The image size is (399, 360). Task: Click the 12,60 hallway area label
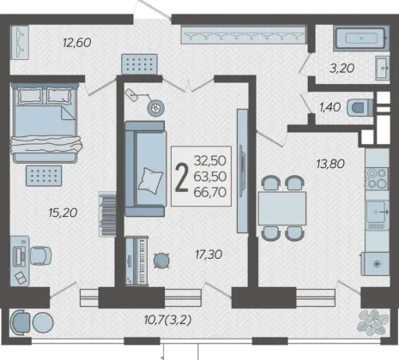tap(77, 43)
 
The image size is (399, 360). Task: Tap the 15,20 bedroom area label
tap(63, 213)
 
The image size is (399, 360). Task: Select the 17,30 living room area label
tap(209, 255)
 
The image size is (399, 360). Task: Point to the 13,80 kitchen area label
tap(330, 164)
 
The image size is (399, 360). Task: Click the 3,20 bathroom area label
tap(342, 69)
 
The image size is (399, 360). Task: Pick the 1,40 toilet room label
tap(329, 107)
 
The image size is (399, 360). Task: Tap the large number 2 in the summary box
tap(182, 177)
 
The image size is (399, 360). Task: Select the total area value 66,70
tap(210, 192)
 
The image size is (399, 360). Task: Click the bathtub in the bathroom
tap(361, 38)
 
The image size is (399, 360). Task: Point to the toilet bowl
tap(360, 108)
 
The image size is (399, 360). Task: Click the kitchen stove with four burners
tap(377, 178)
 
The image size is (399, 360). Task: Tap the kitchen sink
tap(378, 212)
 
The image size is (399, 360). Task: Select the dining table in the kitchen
tap(282, 208)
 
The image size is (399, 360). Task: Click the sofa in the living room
tap(146, 169)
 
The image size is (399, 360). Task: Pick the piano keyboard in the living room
tap(136, 261)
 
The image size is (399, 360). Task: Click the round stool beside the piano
tap(161, 260)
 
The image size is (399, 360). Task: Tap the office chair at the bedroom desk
tap(41, 255)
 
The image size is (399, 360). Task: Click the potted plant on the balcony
tap(373, 322)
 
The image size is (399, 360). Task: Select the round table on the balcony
tap(43, 322)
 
